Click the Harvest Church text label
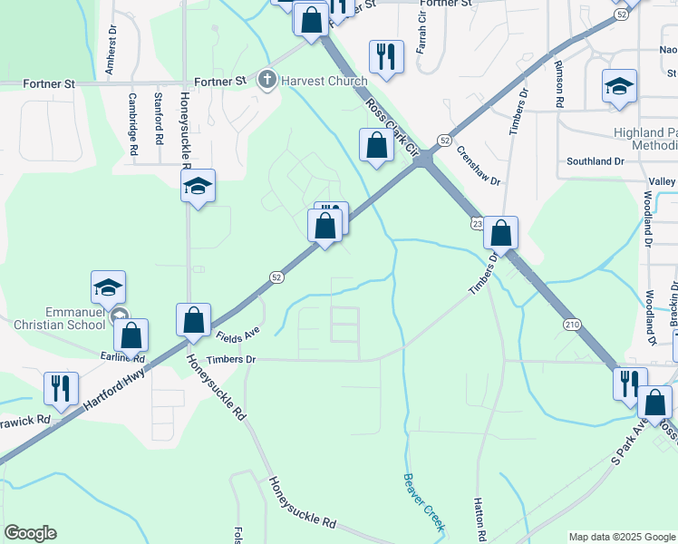click(x=311, y=81)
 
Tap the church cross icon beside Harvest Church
click(x=267, y=81)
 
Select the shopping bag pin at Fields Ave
click(x=193, y=319)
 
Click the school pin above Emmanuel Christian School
click(x=108, y=287)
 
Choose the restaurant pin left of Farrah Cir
click(x=386, y=55)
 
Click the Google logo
click(x=30, y=533)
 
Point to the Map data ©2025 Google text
click(x=622, y=537)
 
